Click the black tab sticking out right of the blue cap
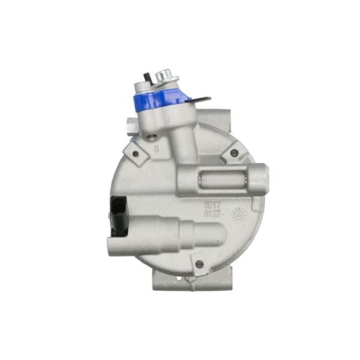pos(197,99)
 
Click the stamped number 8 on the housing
pos(157,149)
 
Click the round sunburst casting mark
pos(238,215)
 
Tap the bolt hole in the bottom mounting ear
pos(199,264)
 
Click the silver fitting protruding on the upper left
pos(131,123)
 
